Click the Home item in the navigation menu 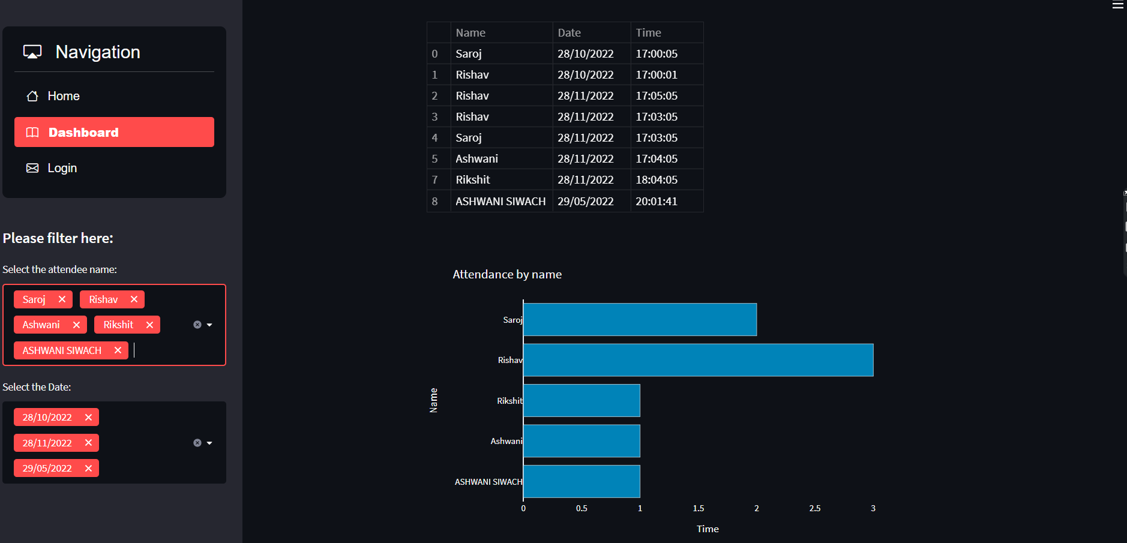(x=63, y=96)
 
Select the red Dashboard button (x=114, y=132)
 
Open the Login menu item (x=62, y=168)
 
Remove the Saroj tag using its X (x=62, y=299)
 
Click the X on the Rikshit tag (x=149, y=325)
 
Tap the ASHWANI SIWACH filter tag (x=62, y=350)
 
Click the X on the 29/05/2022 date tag (x=88, y=468)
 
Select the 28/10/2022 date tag (x=47, y=417)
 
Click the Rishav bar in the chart (x=698, y=360)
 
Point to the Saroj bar (x=640, y=319)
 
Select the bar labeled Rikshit (x=582, y=400)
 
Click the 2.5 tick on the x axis (x=814, y=508)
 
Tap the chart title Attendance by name (x=507, y=274)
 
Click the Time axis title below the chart (x=708, y=529)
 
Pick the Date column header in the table (x=569, y=32)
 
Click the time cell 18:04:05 (x=657, y=179)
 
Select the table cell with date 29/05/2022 (x=585, y=201)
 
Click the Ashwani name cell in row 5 (x=476, y=158)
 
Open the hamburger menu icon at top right (x=1117, y=5)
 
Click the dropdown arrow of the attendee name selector (x=209, y=325)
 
